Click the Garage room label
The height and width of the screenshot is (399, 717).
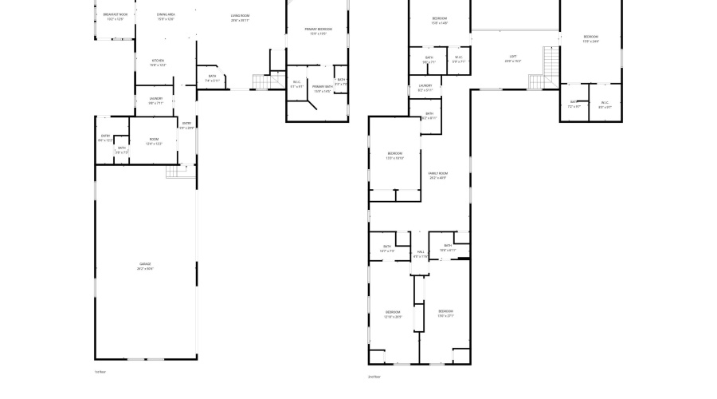144,266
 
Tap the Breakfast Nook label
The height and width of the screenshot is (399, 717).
115,16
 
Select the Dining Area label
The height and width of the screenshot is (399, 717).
166,17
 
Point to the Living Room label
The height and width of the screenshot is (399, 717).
240,18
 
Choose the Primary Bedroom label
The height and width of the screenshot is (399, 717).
318,31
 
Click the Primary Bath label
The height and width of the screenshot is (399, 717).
322,88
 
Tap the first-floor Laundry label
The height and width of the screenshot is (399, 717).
155,101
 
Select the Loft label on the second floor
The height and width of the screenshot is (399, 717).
513,58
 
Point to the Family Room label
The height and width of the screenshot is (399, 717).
437,175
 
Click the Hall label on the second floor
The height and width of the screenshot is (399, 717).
420,254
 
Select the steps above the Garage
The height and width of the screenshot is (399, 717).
174,172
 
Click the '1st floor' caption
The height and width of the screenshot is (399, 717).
100,372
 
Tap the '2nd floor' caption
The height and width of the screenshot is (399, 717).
374,376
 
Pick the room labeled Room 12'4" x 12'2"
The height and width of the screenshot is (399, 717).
154,141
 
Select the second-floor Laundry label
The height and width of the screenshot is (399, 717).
425,87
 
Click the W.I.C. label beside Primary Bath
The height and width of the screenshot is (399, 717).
296,84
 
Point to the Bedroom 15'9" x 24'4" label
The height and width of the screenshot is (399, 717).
590,38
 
